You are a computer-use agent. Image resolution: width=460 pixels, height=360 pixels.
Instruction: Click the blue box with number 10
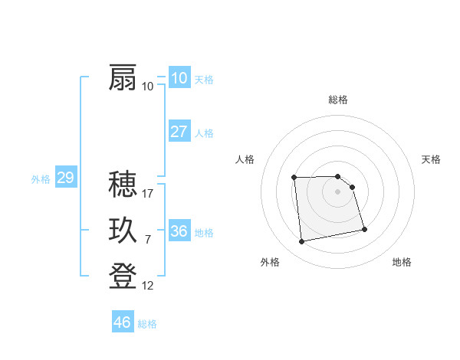click(179, 78)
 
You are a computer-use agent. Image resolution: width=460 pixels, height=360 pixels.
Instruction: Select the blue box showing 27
click(179, 132)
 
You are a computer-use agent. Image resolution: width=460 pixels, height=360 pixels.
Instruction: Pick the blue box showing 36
click(179, 231)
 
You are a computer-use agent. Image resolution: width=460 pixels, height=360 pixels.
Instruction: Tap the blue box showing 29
click(65, 178)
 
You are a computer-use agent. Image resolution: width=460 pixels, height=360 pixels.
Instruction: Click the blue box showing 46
click(123, 322)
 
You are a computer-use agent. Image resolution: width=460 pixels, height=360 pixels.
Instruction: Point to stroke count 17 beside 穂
click(149, 194)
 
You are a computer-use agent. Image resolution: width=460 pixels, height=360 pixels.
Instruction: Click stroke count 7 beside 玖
click(147, 240)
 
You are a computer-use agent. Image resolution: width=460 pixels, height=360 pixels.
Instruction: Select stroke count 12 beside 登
click(148, 286)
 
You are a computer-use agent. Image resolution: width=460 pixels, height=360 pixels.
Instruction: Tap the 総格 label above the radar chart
click(338, 100)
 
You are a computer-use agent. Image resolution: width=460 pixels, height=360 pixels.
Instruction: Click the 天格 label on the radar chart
click(431, 159)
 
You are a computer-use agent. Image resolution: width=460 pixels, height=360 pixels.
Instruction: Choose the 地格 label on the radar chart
click(402, 262)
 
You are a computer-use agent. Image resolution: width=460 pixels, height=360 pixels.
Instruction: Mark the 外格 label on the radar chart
click(270, 262)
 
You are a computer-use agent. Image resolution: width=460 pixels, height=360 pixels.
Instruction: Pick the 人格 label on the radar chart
click(245, 159)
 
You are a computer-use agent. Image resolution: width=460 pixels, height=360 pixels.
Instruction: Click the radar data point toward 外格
click(302, 242)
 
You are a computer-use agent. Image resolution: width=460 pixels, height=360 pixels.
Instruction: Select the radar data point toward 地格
click(364, 229)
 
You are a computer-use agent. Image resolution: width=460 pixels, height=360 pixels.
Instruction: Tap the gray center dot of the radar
click(338, 191)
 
